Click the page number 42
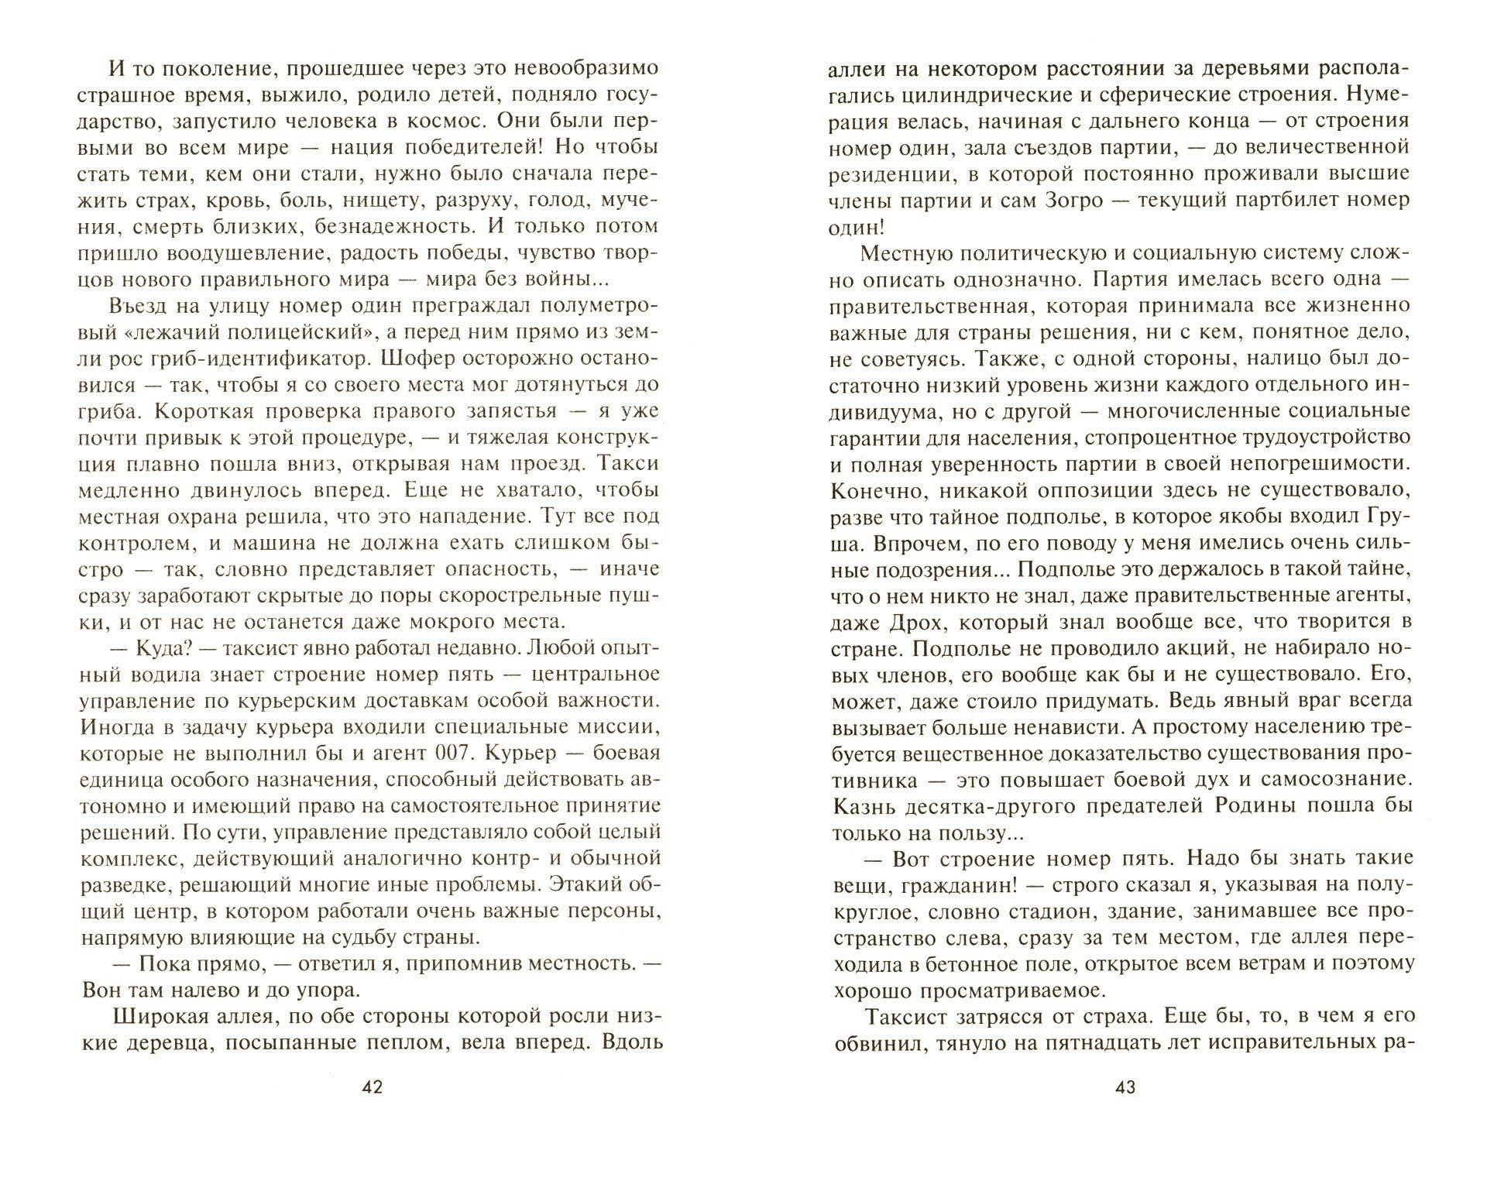(373, 1087)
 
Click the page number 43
(1125, 1087)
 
